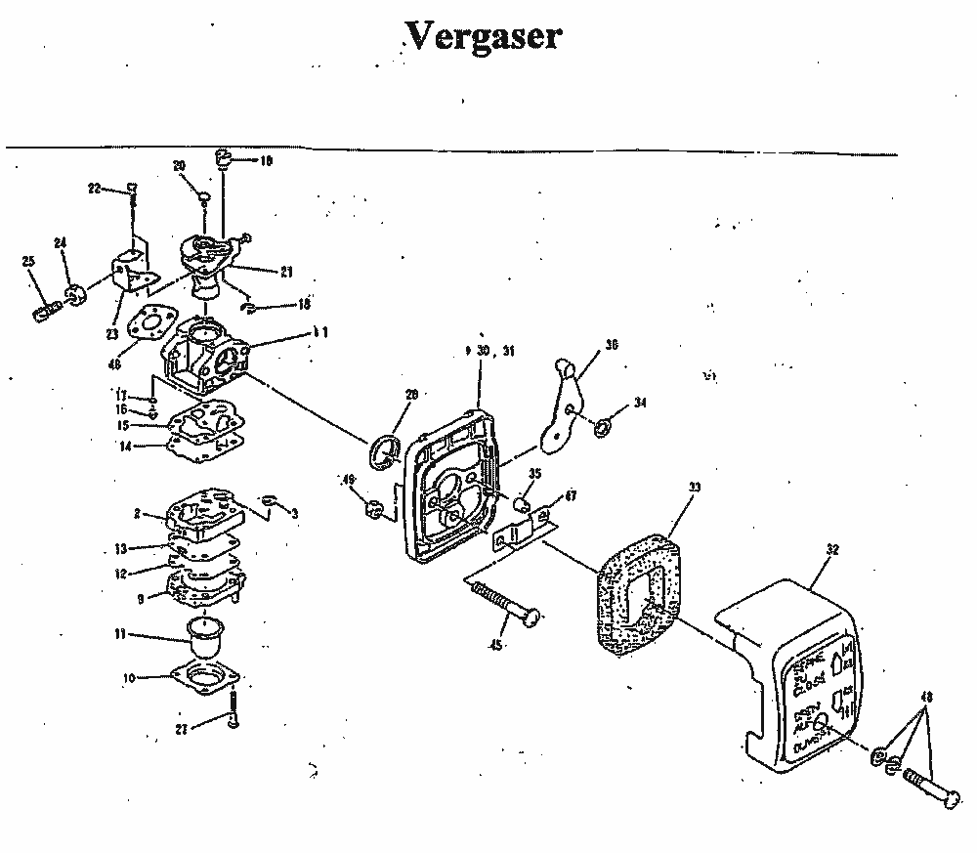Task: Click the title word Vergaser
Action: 483,37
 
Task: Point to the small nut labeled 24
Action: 74,293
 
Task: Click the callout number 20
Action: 179,165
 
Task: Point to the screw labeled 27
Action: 235,711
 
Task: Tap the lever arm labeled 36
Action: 567,401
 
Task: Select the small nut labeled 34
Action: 604,425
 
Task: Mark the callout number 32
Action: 832,550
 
